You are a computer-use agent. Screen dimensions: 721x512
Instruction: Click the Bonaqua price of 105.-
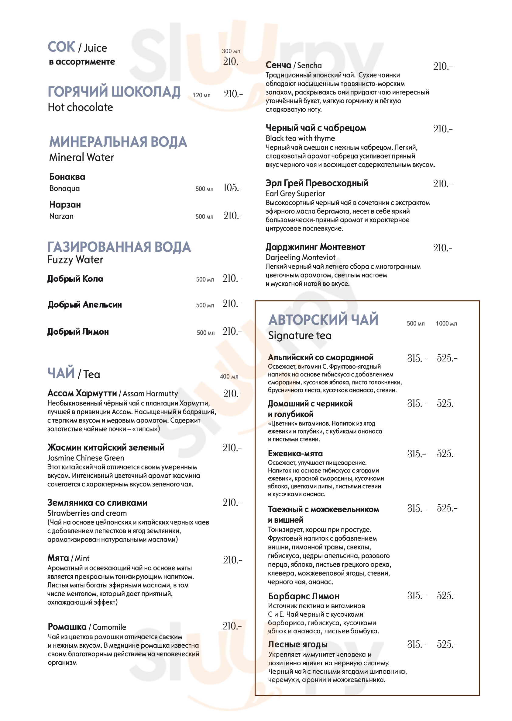(x=233, y=188)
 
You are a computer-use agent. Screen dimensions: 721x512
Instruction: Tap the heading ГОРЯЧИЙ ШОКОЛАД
(x=114, y=92)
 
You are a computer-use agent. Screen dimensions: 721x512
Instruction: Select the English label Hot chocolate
(x=81, y=107)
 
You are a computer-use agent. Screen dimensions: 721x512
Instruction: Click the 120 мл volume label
(x=201, y=95)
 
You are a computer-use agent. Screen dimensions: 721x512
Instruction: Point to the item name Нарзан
(x=65, y=204)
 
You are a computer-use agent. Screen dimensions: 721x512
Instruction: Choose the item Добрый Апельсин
(x=84, y=305)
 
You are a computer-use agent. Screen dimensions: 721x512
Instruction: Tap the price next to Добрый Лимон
(x=232, y=332)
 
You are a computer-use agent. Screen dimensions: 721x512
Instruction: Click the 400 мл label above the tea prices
(x=229, y=377)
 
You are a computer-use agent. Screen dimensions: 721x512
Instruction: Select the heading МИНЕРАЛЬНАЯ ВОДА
(x=118, y=142)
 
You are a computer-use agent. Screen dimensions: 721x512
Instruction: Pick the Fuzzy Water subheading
(x=75, y=260)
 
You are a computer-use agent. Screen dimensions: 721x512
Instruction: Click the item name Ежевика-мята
(x=295, y=454)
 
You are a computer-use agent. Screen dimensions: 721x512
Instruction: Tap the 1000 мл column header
(x=446, y=324)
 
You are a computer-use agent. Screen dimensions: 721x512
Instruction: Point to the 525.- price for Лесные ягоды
(x=447, y=644)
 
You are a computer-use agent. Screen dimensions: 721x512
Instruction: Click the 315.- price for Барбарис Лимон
(x=416, y=596)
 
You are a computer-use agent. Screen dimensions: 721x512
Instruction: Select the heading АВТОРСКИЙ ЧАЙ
(x=323, y=320)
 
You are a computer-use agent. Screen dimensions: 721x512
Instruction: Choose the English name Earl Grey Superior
(x=295, y=193)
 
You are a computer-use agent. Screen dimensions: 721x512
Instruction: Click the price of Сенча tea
(x=443, y=66)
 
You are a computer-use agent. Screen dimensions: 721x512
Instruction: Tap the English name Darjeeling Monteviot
(x=300, y=257)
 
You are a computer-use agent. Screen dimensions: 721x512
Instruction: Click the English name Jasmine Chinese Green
(x=85, y=458)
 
